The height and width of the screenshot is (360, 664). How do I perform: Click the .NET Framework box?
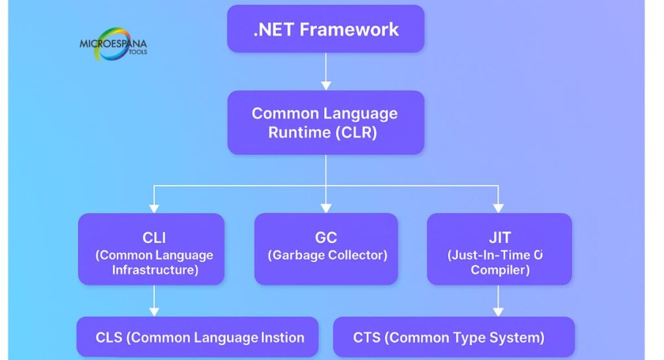(x=326, y=29)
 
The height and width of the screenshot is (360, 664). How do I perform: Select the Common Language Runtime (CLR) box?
(x=326, y=123)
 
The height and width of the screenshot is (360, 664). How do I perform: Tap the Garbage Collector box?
(x=326, y=248)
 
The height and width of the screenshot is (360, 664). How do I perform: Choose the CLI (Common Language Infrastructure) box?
(x=151, y=248)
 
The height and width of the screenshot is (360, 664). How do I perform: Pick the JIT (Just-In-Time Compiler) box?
(x=499, y=248)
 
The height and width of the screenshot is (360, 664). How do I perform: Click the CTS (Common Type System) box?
(x=454, y=337)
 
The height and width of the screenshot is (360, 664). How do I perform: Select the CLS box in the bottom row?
(x=198, y=337)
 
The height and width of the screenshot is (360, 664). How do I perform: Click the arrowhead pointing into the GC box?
(x=326, y=208)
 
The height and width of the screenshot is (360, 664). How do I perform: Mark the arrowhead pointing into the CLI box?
(x=154, y=208)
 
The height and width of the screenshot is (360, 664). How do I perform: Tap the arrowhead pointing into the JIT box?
(x=499, y=208)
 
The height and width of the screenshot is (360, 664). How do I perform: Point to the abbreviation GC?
(x=326, y=237)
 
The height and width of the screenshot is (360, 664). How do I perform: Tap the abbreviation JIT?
(x=499, y=237)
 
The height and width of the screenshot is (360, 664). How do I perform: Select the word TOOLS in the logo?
(x=137, y=52)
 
